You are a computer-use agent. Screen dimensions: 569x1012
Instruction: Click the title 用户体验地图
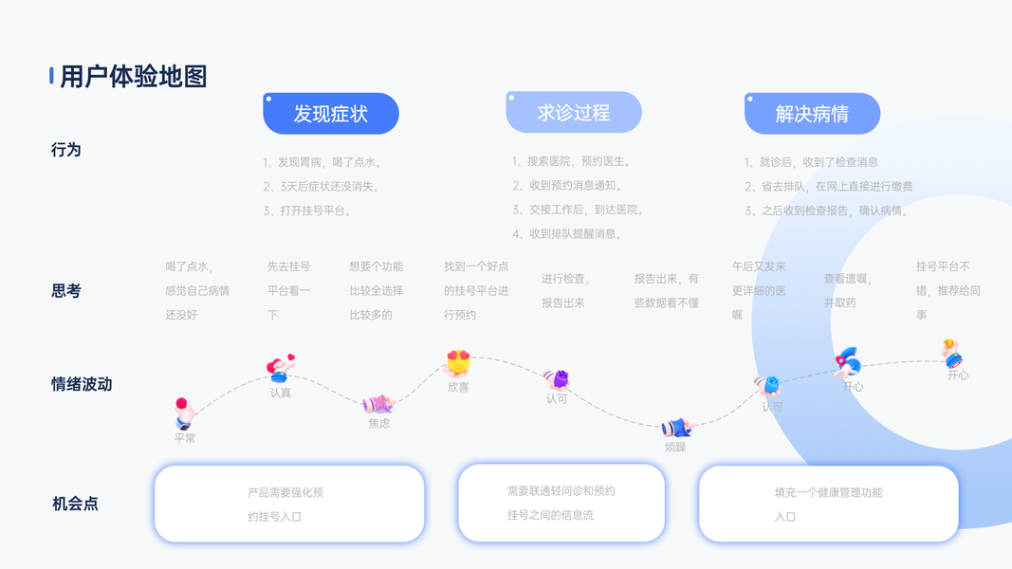tap(133, 77)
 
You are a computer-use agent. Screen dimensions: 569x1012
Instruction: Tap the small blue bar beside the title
tap(51, 76)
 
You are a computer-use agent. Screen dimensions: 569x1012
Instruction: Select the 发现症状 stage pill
tap(330, 114)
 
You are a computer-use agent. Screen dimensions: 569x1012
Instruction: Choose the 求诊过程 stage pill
tap(573, 113)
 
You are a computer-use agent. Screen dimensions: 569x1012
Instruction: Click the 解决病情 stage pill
tap(812, 114)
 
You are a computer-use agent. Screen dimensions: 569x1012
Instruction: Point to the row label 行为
tap(66, 150)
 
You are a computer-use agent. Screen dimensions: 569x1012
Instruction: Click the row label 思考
tap(66, 291)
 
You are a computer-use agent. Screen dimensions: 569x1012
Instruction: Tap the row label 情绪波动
tap(82, 384)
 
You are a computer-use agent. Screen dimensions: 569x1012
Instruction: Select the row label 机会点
tap(75, 504)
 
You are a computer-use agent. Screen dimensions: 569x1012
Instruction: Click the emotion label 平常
tap(185, 438)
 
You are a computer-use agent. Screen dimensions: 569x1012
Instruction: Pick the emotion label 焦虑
tap(379, 423)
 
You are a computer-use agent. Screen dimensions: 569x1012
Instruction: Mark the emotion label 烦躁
tap(674, 447)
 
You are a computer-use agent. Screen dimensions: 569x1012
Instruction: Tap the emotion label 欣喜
tap(458, 387)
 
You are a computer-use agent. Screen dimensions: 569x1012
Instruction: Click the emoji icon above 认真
tap(280, 368)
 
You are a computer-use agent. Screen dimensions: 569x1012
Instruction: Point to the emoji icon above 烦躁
tap(676, 427)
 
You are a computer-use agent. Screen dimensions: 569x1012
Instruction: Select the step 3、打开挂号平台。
tap(309, 211)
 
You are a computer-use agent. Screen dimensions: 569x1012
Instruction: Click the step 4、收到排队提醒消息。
tap(566, 233)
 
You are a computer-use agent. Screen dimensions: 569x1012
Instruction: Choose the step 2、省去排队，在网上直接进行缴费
tap(828, 187)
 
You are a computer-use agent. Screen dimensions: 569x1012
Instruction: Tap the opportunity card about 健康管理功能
tap(828, 504)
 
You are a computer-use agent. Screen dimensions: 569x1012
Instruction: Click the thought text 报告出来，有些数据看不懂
tap(667, 290)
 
